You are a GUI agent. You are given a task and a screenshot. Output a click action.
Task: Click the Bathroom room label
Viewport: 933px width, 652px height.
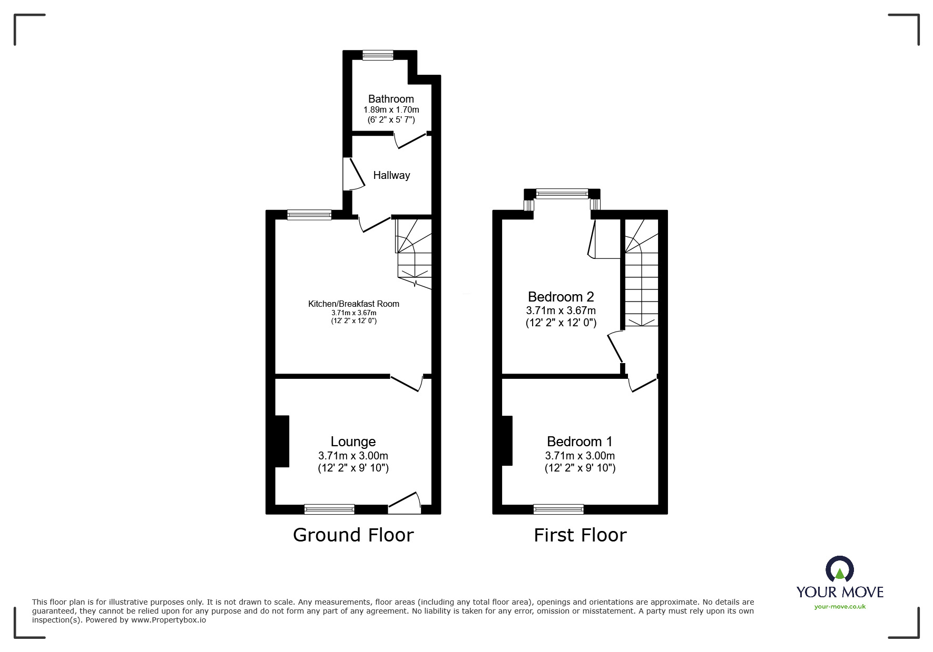pos(391,99)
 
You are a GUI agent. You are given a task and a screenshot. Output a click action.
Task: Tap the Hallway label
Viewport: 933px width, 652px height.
pos(391,175)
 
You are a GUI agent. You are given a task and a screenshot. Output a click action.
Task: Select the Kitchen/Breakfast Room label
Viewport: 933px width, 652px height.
pos(353,304)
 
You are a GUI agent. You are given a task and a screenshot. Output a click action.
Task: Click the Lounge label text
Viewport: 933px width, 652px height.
pos(353,442)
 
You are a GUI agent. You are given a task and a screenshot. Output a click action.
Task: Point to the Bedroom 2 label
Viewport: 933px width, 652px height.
pos(561,297)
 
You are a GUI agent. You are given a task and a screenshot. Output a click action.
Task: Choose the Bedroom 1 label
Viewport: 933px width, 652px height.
pos(580,442)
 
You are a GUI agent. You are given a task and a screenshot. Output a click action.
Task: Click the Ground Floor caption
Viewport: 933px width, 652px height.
pos(353,535)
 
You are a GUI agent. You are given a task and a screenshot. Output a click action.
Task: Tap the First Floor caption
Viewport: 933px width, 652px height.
pos(580,535)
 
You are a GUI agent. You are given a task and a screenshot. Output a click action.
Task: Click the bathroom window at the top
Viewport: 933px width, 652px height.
pos(378,55)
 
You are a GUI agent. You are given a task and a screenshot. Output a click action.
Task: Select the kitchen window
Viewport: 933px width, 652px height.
pos(309,215)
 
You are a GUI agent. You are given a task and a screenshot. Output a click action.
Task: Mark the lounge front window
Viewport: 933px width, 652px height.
pos(329,509)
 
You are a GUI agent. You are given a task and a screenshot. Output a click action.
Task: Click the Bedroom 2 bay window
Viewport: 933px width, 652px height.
pos(562,194)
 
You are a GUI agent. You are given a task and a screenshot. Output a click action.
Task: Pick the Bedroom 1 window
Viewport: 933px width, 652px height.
pos(558,509)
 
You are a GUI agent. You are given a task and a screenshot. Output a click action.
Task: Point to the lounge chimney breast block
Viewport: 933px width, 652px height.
pos(281,441)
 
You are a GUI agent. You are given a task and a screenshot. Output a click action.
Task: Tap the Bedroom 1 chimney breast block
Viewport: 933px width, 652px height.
pos(507,441)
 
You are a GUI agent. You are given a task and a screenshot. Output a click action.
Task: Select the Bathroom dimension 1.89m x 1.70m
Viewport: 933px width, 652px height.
pos(391,110)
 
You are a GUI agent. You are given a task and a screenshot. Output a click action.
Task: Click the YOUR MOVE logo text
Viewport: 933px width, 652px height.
pos(840,592)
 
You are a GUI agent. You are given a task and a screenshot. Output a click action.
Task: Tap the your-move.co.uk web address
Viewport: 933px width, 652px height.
pos(840,607)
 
